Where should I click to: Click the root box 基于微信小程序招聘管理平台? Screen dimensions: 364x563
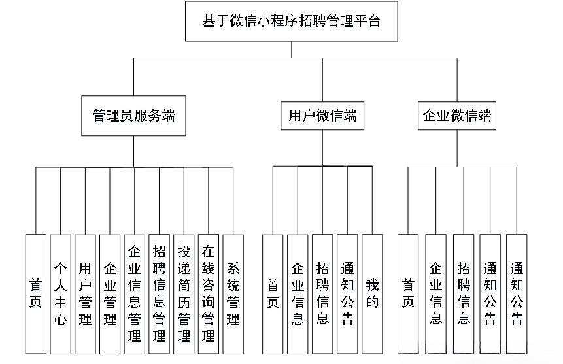coord(291,21)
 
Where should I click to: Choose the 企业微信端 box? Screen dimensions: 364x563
coord(456,117)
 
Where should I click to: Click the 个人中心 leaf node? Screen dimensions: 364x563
coord(61,294)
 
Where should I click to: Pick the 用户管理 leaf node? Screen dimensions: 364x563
coord(85,294)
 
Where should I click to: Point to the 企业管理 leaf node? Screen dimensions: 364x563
coord(110,294)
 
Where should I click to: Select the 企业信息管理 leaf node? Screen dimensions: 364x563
coord(135,294)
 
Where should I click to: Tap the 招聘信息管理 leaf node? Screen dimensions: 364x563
coord(159,294)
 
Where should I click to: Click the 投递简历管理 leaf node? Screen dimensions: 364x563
coord(184,294)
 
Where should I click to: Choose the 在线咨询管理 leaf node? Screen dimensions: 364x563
coord(209,294)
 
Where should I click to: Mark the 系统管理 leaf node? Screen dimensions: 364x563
coord(233,294)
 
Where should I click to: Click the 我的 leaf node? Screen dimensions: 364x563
coord(372,294)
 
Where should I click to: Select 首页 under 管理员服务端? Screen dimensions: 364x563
coord(36,294)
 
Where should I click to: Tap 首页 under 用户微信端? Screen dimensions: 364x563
coord(273,294)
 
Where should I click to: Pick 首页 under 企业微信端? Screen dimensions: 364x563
coord(408,294)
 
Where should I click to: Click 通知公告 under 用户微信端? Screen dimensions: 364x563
coord(347,294)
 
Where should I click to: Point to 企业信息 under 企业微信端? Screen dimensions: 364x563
coord(435,294)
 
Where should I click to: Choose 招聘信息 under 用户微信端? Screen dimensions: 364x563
coord(322,294)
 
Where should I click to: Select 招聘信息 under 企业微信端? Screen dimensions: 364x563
coord(463,294)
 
